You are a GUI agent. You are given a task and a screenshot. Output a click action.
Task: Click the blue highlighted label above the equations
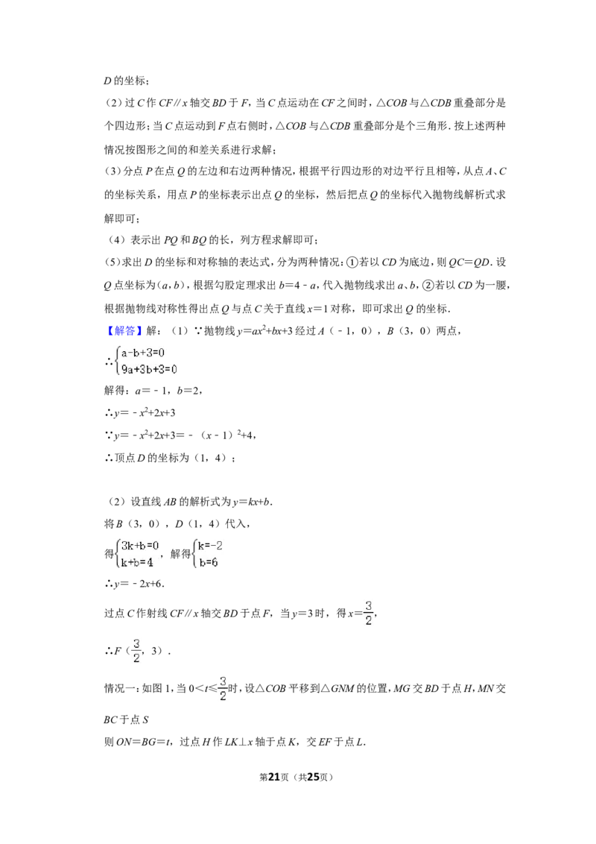pyautogui.click(x=124, y=331)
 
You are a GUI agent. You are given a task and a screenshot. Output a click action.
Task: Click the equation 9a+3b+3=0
pyautogui.click(x=150, y=368)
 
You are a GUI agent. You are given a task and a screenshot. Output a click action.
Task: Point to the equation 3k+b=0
pyautogui.click(x=140, y=546)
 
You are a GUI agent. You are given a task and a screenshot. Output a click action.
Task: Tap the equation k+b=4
pyautogui.click(x=138, y=563)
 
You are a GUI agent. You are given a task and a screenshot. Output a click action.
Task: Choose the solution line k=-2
pyautogui.click(x=210, y=546)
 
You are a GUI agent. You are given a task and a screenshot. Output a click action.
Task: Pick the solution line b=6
pyautogui.click(x=208, y=563)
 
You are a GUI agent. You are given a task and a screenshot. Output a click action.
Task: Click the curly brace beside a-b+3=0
pyautogui.click(x=118, y=359)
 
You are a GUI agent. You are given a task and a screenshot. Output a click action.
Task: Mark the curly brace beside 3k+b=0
pyautogui.click(x=117, y=554)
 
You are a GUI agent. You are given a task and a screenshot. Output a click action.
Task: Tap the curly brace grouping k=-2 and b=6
pyautogui.click(x=194, y=554)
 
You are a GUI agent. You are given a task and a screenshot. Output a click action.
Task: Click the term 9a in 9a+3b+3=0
pyautogui.click(x=127, y=368)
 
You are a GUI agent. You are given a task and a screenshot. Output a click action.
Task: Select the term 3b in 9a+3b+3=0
pyautogui.click(x=142, y=368)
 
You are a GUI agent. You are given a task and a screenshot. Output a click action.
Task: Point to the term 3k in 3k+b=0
pyautogui.click(x=127, y=546)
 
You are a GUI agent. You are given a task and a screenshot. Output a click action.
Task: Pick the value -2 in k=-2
pyautogui.click(x=217, y=546)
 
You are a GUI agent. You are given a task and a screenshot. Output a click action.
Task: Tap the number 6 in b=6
pyautogui.click(x=215, y=563)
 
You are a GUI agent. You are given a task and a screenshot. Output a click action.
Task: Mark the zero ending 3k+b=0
pyautogui.click(x=156, y=546)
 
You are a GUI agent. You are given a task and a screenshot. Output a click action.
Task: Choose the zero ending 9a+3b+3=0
pyautogui.click(x=174, y=368)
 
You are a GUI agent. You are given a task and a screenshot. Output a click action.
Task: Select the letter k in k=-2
pyautogui.click(x=200, y=546)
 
